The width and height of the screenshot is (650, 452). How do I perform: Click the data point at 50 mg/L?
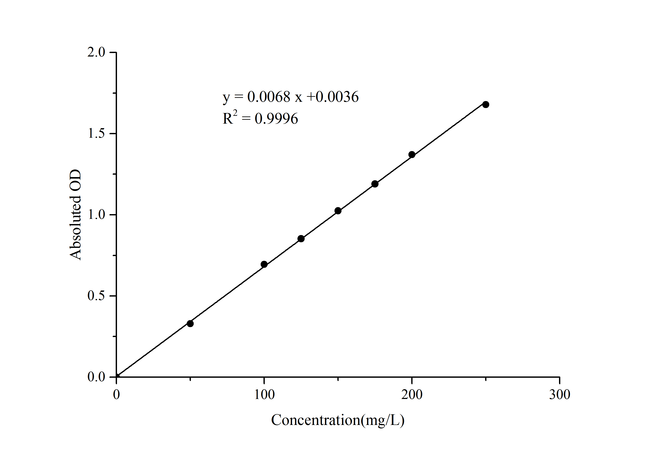point(190,324)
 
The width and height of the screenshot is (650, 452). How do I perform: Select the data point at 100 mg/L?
point(264,265)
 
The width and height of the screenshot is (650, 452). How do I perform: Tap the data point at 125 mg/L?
point(301,239)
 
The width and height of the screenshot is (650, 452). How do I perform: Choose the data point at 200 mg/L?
point(412,155)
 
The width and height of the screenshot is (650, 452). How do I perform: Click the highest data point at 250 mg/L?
point(486,104)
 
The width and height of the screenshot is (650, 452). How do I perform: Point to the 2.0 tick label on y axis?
point(96,52)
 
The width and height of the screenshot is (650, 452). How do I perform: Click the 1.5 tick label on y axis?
point(96,134)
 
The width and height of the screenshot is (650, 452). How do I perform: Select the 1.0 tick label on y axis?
point(96,215)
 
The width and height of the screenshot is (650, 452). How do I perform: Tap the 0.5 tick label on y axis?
point(96,296)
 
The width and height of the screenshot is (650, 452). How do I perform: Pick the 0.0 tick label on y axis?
point(96,377)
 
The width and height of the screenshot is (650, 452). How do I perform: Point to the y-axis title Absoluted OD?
point(76,215)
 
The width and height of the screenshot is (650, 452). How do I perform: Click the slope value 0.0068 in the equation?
point(269,97)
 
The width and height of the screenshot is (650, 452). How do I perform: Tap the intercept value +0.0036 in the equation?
point(333,97)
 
